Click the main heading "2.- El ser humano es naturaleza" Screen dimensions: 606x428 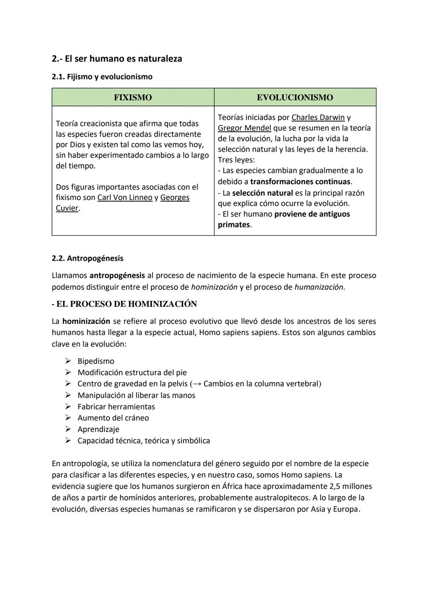coord(117,59)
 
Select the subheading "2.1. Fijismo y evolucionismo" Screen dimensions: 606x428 coord(102,77)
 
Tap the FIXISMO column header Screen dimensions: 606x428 coord(133,98)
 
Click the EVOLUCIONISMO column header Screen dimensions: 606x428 coord(295,98)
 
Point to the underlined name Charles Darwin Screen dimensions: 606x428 coord(318,117)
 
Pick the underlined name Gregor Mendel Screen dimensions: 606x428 coord(245,128)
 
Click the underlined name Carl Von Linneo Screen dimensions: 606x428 coord(125,198)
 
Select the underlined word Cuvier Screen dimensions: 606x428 coord(67,208)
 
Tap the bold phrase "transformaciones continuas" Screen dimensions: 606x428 coord(300,182)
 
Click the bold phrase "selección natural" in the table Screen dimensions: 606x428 coord(262,193)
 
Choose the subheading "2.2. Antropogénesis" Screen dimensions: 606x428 coord(87,258)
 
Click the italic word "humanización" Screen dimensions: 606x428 coord(319,287)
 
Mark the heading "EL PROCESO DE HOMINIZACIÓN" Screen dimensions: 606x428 coord(126,304)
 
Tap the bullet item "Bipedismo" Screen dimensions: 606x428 coord(96,361)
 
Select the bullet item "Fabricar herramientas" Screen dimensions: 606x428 coord(116,407)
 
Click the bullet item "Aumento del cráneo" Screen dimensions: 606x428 coord(113,418)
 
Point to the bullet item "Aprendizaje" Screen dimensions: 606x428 coord(98,429)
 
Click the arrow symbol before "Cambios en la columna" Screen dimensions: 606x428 coord(197,384)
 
